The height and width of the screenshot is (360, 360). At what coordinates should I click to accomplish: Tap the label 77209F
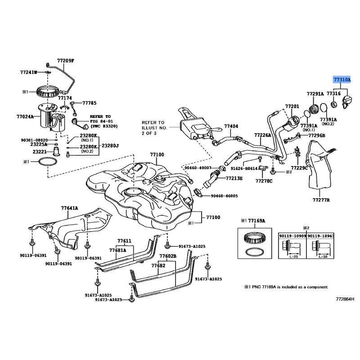tap(65, 60)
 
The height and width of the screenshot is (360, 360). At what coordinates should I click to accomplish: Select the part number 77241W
tap(28, 72)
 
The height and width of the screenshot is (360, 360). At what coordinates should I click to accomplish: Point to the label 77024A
tap(26, 117)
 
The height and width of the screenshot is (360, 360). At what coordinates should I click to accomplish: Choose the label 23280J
tap(110, 145)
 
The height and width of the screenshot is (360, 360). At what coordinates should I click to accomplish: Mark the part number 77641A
tap(70, 208)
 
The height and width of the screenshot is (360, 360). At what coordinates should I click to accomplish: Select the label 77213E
tap(234, 179)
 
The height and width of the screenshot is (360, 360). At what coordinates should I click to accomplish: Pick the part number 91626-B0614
tap(244, 168)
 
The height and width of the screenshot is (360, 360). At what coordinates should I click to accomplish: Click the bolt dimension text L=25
tap(292, 256)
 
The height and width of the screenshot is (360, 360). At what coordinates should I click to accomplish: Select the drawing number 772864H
tap(345, 298)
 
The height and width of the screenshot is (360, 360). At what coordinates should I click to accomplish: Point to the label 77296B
tap(317, 135)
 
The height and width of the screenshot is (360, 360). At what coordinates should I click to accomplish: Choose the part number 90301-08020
tap(34, 140)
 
